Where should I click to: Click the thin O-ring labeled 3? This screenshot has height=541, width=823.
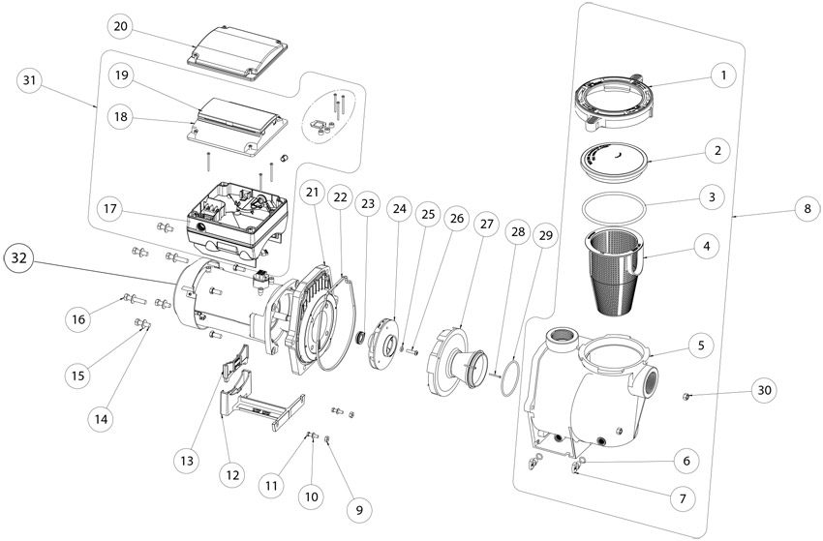coord(617,206)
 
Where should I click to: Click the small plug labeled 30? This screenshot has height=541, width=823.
coord(686,396)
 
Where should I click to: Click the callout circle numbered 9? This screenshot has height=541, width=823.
coord(357,506)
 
